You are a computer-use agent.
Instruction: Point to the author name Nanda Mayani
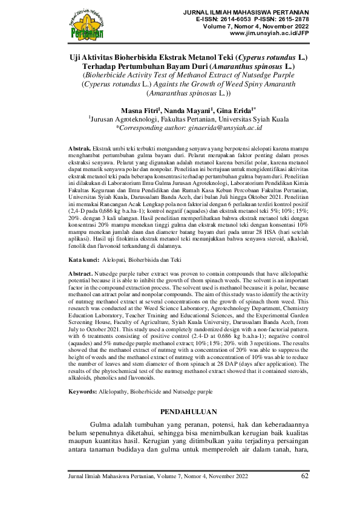[x=185, y=111]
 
